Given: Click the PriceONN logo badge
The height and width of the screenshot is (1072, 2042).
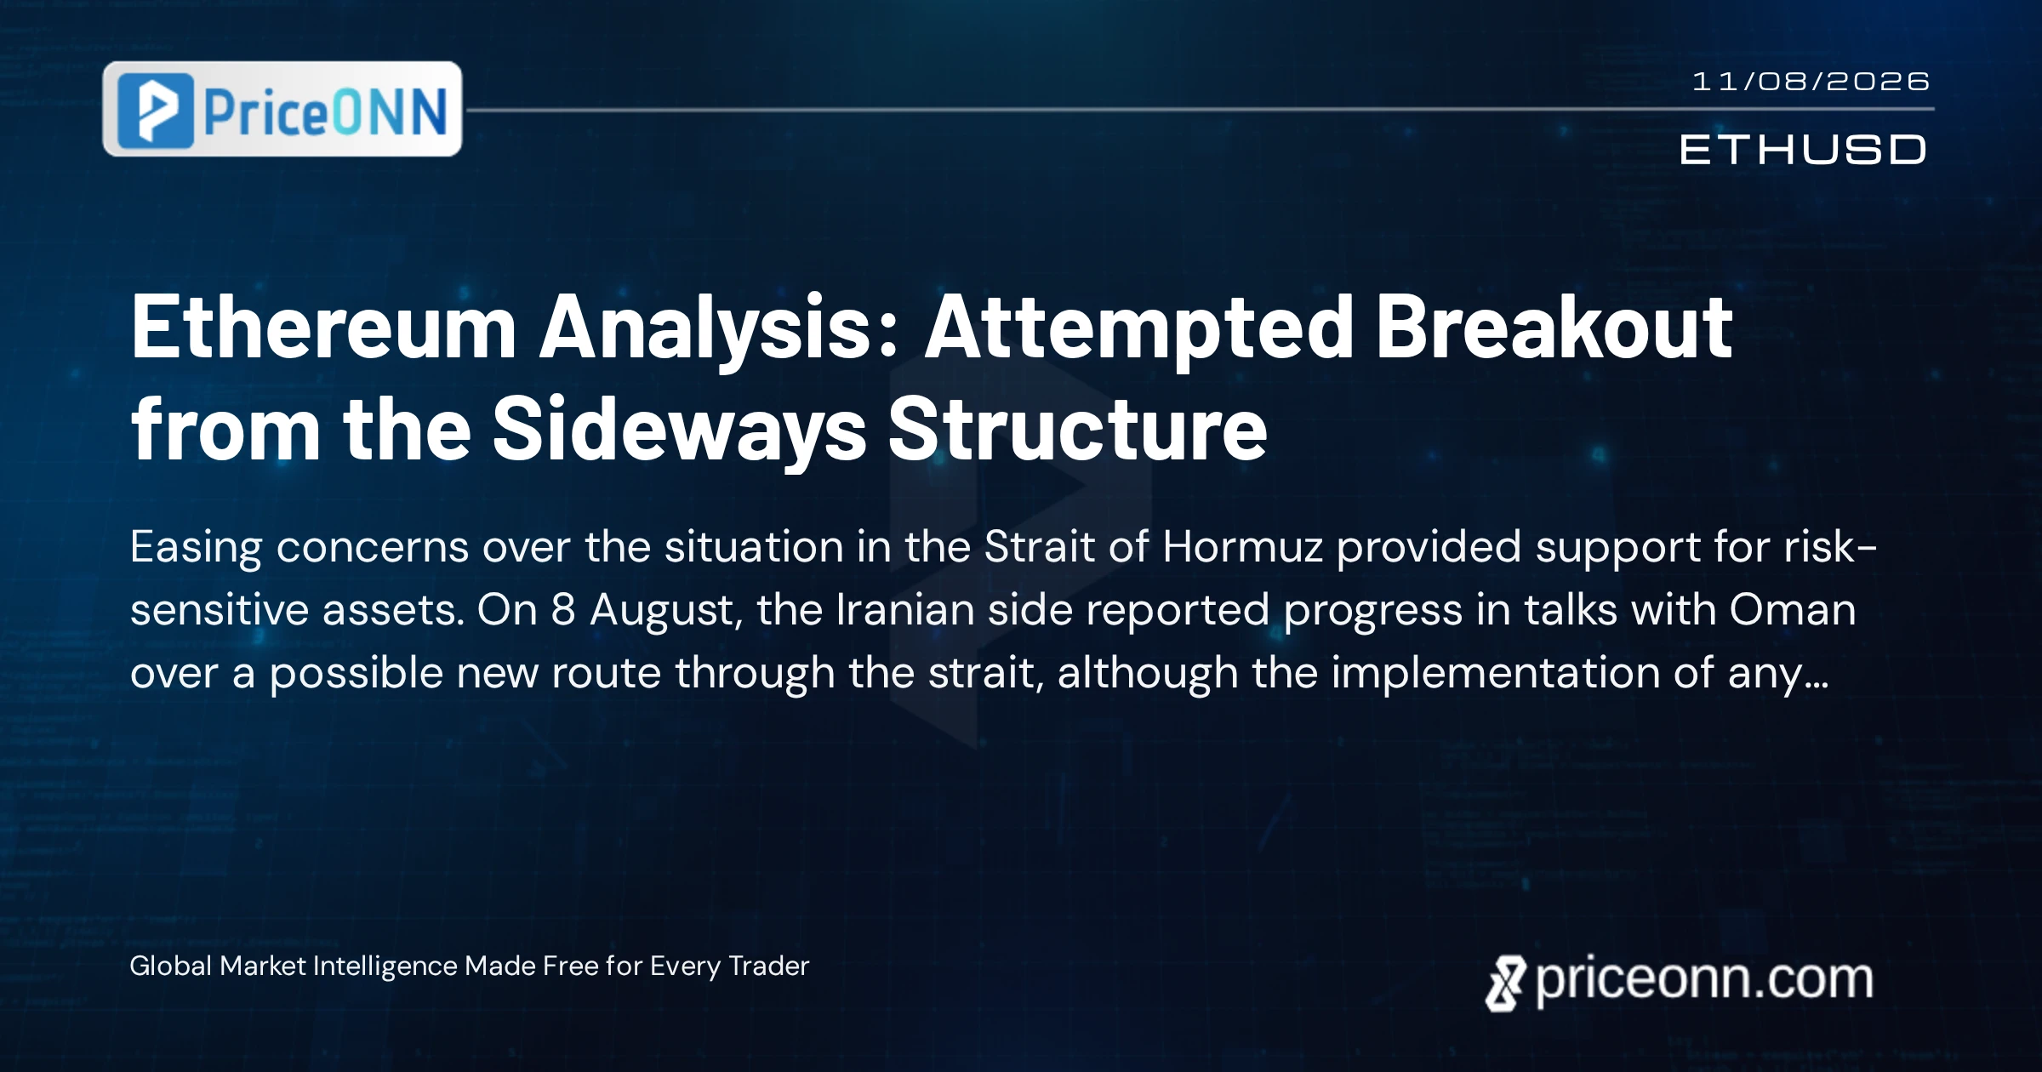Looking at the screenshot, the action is point(282,109).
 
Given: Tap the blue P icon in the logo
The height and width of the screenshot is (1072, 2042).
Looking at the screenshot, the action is point(156,111).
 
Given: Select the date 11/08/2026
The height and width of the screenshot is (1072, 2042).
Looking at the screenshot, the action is point(1811,82).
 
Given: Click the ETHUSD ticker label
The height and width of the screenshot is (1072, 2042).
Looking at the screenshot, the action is point(1803,150).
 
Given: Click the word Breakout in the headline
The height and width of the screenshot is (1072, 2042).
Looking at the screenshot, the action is point(1554,328).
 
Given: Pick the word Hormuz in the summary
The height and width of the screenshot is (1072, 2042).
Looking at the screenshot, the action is point(1242,546).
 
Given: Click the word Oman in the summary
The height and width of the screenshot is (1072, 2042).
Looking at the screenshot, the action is point(1792,610).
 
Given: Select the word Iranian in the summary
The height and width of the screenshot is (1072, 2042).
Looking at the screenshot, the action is point(905,610).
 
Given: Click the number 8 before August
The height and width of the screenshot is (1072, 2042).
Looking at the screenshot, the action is point(563,610).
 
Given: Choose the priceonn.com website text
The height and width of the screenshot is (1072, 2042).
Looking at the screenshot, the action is point(1704,980).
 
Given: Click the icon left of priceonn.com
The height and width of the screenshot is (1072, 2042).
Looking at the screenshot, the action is point(1505,984).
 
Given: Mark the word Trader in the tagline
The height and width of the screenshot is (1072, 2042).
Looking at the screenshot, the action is point(769,967).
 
